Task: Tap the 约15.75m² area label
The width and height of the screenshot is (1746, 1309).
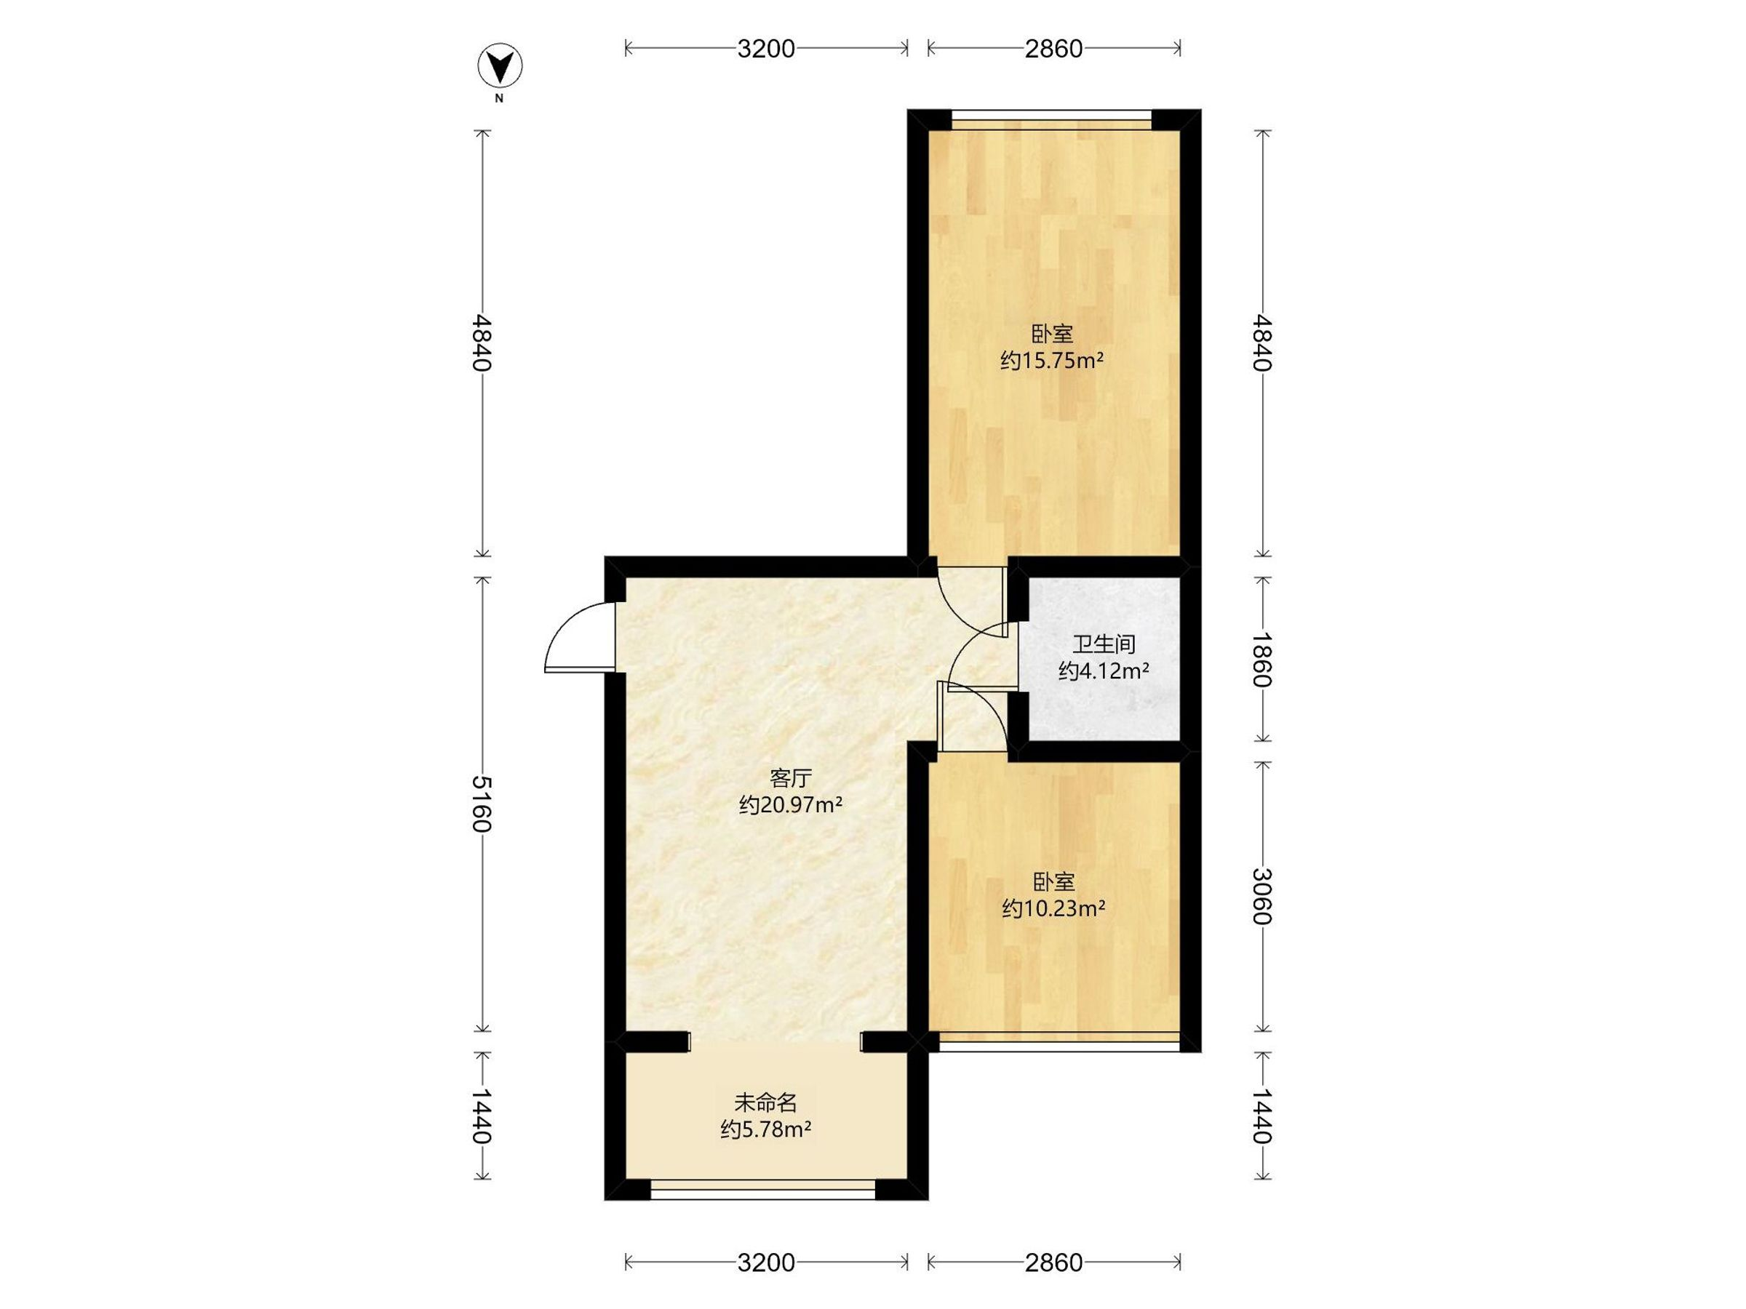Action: [1051, 361]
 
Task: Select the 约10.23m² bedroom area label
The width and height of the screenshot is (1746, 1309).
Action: [1053, 909]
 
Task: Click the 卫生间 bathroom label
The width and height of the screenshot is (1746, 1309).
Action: [1104, 644]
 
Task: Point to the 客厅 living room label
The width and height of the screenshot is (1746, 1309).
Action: [791, 779]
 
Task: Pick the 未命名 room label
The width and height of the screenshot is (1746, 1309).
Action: [765, 1102]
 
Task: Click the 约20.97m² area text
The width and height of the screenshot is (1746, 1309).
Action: [791, 806]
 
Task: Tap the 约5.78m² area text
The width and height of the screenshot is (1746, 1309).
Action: [765, 1129]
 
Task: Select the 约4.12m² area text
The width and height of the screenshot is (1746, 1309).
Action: [1104, 671]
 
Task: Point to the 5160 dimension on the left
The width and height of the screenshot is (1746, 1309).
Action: [482, 804]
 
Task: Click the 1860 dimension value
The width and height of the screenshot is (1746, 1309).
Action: [1262, 660]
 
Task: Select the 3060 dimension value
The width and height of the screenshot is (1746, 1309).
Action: [1262, 897]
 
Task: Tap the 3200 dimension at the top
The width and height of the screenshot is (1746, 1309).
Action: [765, 49]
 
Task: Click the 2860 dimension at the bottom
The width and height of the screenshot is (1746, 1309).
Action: [1053, 1263]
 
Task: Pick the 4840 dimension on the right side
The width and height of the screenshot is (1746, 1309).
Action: [1262, 343]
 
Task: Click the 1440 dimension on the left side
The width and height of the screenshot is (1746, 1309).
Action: [482, 1116]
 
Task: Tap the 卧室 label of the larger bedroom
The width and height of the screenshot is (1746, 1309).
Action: [1052, 335]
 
